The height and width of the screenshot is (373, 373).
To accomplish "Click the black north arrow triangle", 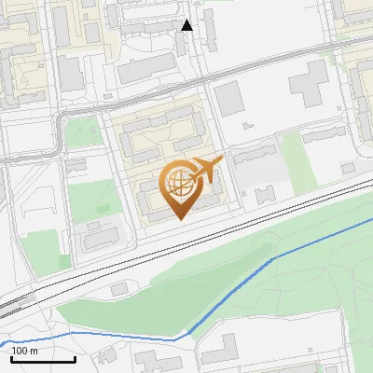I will pyautogui.click(x=186, y=25).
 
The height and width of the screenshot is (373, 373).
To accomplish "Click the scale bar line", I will pyautogui.click(x=43, y=359).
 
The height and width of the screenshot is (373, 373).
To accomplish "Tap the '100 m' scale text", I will pyautogui.click(x=25, y=351).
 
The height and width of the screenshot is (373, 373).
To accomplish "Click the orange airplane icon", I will pyautogui.click(x=205, y=171).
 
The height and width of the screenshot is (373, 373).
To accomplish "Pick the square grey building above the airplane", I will pyautogui.click(x=229, y=99).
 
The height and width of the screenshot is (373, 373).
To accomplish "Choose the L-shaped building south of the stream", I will pyautogui.click(x=218, y=350).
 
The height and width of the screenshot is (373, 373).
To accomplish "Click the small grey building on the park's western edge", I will pyautogui.click(x=118, y=289).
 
